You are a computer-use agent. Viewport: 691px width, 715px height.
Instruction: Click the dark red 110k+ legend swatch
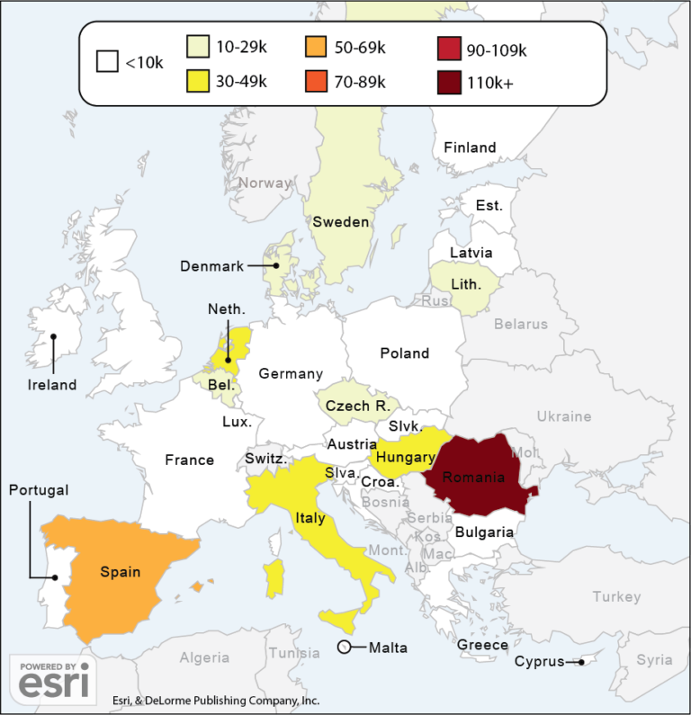(450, 84)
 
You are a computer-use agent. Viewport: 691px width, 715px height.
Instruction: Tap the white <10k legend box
(108, 63)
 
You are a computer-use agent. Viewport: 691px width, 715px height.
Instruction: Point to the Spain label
(120, 571)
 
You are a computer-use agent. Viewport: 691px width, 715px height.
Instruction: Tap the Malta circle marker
(344, 648)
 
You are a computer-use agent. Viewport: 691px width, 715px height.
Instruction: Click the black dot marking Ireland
(54, 338)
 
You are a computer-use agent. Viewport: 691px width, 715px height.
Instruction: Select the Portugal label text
(38, 490)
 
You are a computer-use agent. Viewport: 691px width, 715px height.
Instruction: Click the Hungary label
(406, 458)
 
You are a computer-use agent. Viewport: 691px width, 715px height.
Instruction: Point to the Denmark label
(211, 266)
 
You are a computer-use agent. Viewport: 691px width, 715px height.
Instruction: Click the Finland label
(470, 147)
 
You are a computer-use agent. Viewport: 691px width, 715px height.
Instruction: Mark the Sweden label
(340, 222)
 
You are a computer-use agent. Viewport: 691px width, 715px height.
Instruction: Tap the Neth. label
(226, 309)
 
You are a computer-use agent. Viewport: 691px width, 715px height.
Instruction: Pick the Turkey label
(616, 596)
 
